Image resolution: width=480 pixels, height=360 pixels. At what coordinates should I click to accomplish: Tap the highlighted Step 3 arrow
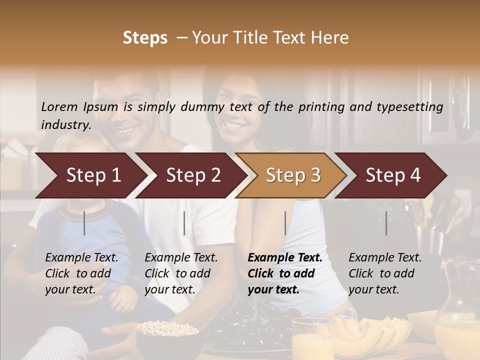[293, 175]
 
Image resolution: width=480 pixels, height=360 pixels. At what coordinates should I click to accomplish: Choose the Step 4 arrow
[393, 175]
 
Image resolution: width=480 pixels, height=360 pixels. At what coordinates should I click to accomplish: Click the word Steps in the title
[145, 37]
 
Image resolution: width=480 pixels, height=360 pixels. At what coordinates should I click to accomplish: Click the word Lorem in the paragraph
[59, 106]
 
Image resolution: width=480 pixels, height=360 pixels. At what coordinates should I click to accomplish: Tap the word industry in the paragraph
[65, 124]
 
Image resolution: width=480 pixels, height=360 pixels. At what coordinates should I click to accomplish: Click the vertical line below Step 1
[84, 223]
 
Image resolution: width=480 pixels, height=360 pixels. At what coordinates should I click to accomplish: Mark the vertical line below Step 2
[184, 223]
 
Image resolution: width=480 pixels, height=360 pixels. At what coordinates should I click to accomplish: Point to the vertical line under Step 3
[285, 223]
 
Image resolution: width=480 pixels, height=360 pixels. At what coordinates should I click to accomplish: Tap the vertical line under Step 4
[386, 223]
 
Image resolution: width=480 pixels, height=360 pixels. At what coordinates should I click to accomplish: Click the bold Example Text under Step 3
[285, 258]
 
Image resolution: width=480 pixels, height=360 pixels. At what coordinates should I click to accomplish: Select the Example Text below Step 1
[81, 258]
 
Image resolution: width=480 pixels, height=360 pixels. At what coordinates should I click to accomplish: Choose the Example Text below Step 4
[385, 258]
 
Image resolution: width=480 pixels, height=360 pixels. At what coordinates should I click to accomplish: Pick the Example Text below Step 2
[181, 258]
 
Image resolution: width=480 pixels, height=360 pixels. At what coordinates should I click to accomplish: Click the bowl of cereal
[161, 333]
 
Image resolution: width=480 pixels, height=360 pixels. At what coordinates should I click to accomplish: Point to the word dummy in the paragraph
[203, 107]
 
